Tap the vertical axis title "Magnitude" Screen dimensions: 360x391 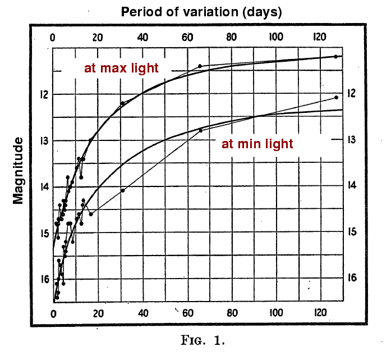[19, 170]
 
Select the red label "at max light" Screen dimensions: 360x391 [121, 69]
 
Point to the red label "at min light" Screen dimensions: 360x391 [257, 144]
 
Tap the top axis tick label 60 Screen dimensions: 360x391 [187, 38]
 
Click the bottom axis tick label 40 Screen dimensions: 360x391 [143, 313]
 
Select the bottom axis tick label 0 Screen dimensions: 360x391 [53, 313]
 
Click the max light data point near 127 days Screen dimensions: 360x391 [335, 57]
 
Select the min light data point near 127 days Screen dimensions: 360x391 [336, 97]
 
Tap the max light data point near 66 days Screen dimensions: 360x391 [200, 66]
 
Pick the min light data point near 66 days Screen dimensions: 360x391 [200, 130]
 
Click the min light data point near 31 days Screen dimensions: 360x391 [123, 190]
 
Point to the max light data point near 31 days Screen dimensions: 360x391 [122, 103]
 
